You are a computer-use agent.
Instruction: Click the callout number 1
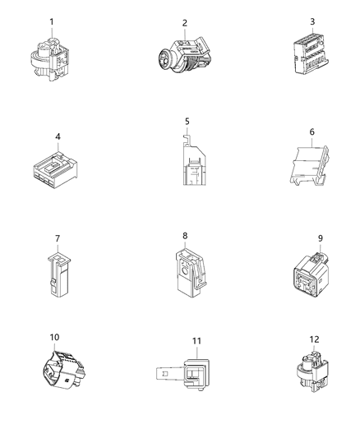(x=52, y=21)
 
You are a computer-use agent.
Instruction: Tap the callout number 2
(x=185, y=23)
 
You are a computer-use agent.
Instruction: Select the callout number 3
(x=312, y=21)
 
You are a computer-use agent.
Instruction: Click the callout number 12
(x=312, y=339)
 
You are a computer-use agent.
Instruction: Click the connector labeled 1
(x=51, y=55)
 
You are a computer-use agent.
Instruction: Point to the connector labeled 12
(x=310, y=374)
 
